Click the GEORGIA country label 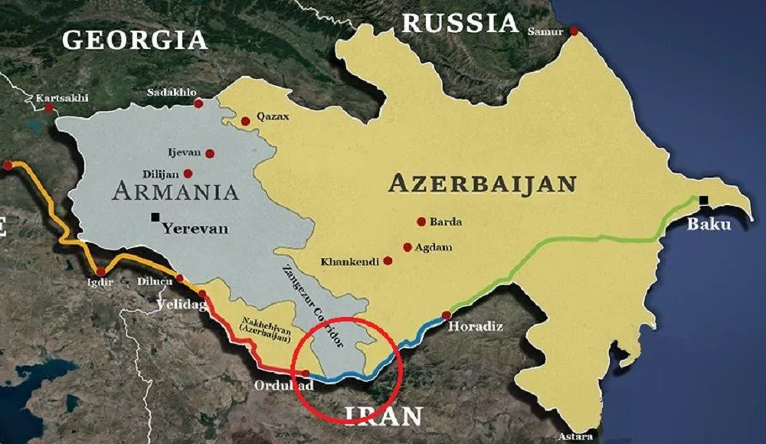coord(135,39)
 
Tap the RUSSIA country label coord(460,23)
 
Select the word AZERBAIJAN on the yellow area coord(482,183)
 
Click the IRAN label coord(383,416)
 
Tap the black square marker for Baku coord(703,201)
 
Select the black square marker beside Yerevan coord(155,217)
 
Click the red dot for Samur coord(573,31)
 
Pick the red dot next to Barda coord(421,221)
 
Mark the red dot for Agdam coord(406,247)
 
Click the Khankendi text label coord(350,262)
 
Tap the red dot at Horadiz coord(446,315)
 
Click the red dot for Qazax coord(245,121)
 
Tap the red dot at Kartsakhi coord(49,108)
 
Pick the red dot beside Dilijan coord(188,174)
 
